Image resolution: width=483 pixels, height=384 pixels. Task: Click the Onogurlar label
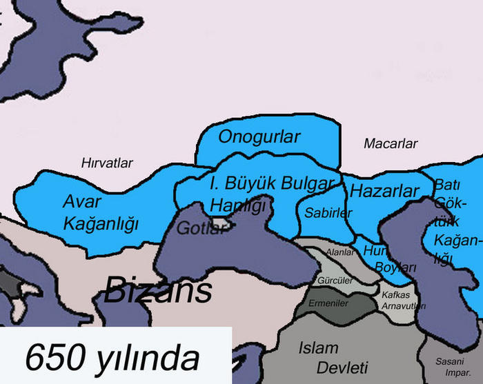[x=259, y=137]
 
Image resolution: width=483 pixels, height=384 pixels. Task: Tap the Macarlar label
[x=391, y=144]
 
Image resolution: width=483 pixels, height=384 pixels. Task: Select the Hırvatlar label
[x=107, y=163]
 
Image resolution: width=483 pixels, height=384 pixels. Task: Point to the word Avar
[x=82, y=202]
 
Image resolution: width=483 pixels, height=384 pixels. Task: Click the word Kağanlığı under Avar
[x=101, y=223]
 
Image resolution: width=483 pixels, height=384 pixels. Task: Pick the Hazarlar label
[x=385, y=191]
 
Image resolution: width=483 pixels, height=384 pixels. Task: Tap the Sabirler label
[x=328, y=213]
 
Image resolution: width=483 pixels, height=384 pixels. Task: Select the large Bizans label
[x=157, y=291]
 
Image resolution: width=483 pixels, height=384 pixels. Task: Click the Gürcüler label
[x=336, y=281]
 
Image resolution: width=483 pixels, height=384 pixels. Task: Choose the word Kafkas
[x=395, y=295]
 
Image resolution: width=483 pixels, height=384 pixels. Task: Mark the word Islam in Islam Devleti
[x=318, y=347]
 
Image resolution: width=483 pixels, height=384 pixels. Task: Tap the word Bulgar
[x=303, y=183]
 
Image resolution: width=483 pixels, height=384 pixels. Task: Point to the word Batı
[x=448, y=185]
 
